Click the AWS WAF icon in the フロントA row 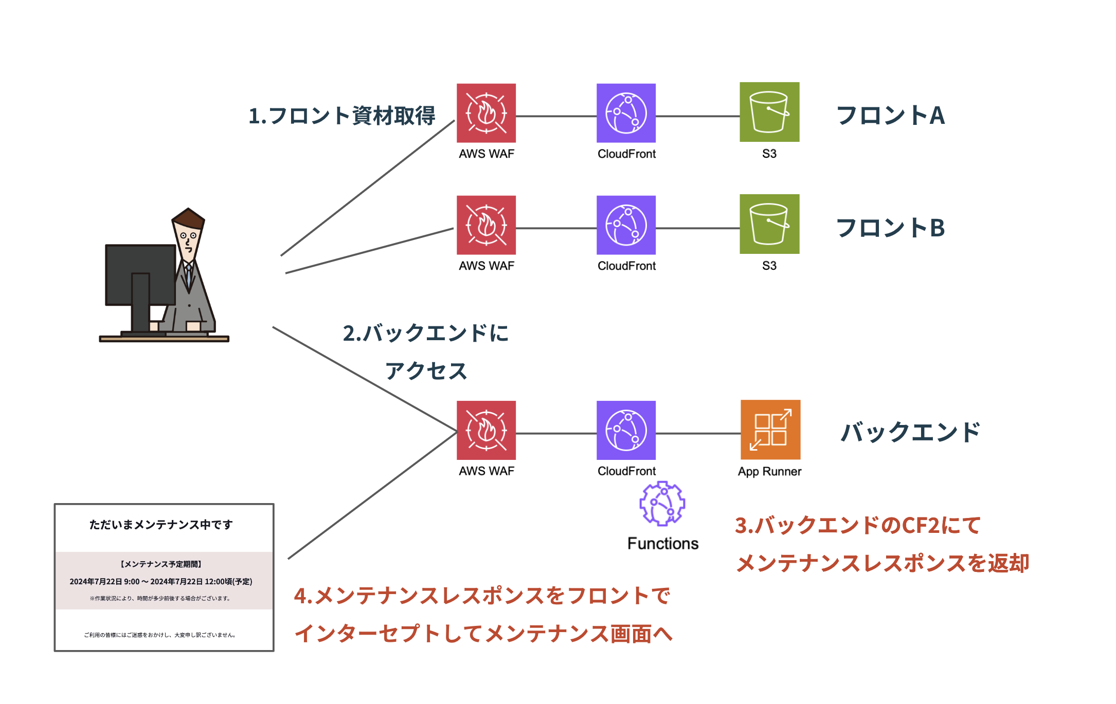pos(486,113)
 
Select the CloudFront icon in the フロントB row pos(626,225)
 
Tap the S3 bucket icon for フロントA pos(769,112)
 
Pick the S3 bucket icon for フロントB pos(769,224)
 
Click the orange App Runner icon pos(770,430)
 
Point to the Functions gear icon pos(662,504)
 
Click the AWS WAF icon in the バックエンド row pos(486,430)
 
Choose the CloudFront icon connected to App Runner pos(626,430)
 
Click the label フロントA pos(891,115)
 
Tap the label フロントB pos(891,228)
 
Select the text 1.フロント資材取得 pos(341,116)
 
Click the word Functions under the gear pos(663,544)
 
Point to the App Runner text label pos(769,472)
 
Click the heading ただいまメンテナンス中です pos(161,525)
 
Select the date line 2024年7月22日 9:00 pos(161,582)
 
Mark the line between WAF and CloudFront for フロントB pos(556,228)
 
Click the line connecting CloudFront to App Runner pos(698,434)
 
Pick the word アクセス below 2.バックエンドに pos(426,371)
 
